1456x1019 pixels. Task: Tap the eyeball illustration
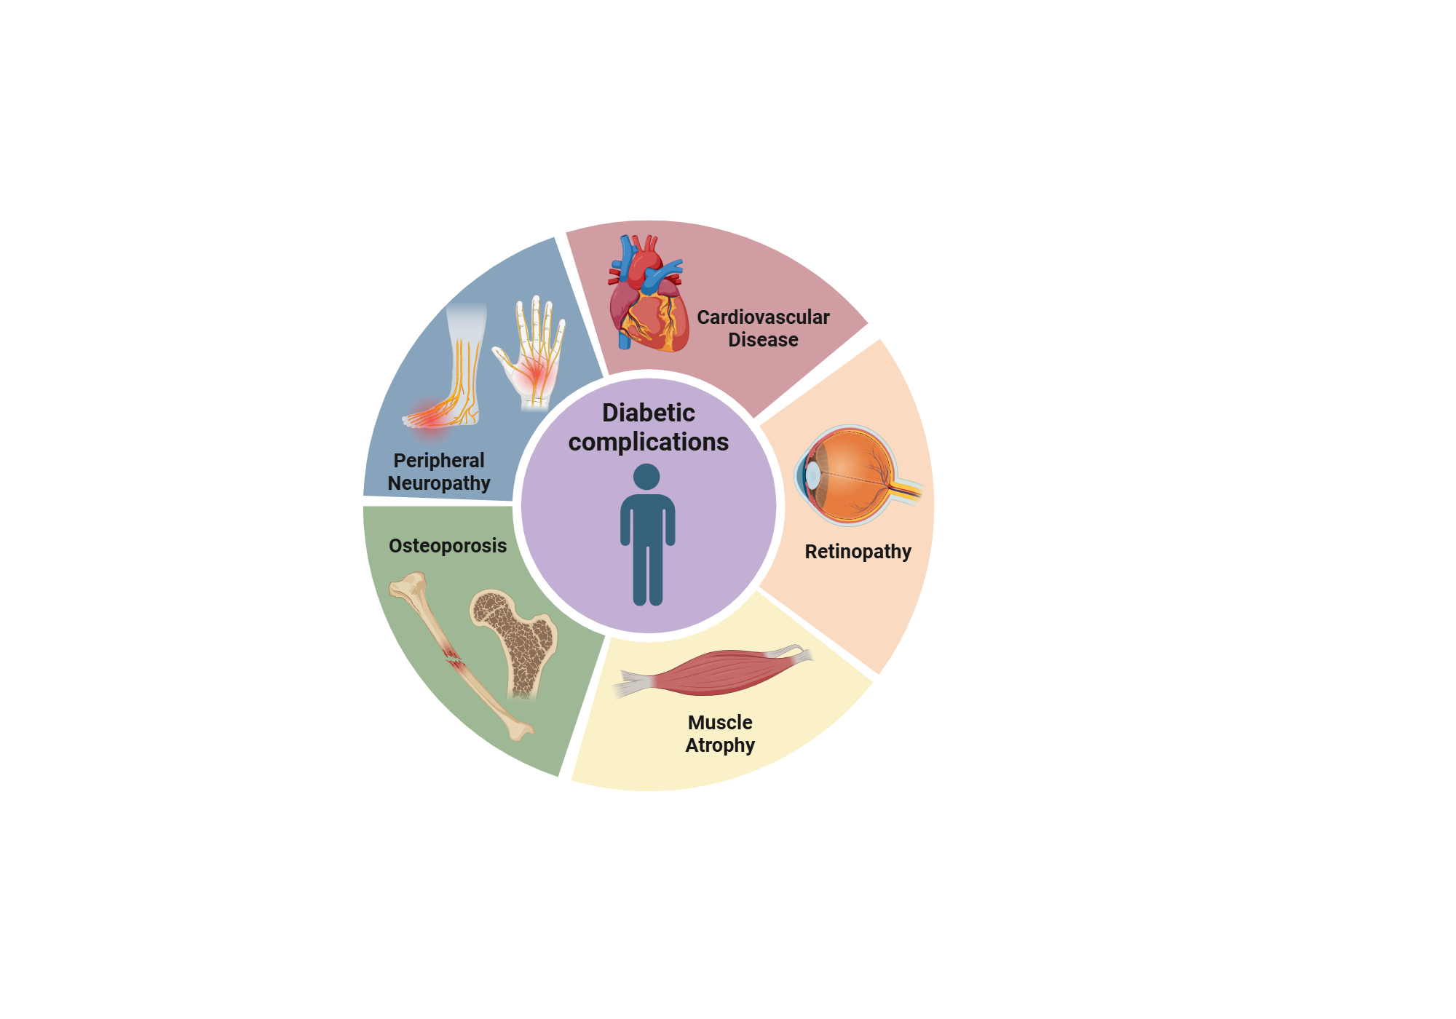[848, 475]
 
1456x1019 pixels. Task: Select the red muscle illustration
[717, 671]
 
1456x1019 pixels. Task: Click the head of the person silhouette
[646, 477]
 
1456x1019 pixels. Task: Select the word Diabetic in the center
[648, 413]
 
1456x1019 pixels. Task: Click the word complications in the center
[648, 442]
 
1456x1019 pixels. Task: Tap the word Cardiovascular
[763, 317]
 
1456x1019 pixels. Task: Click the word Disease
[763, 340]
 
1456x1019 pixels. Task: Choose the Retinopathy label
[858, 552]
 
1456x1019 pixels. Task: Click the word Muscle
[720, 723]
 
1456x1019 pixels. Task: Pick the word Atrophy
[720, 745]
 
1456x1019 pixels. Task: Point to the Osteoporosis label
[447, 546]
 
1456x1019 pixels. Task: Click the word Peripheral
[438, 461]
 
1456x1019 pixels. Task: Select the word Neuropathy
[438, 483]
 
